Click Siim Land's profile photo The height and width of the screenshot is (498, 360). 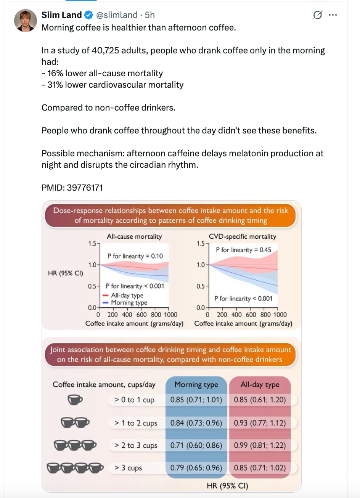coord(26,21)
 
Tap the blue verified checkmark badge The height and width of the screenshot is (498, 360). coord(89,15)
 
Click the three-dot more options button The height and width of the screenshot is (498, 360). coord(333,15)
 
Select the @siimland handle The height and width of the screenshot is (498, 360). coord(117,15)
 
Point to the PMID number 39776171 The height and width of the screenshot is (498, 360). coord(85,188)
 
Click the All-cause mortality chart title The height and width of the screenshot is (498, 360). coord(134,236)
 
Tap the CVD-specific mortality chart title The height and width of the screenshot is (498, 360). coord(243,236)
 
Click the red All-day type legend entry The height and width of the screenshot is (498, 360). coord(123,295)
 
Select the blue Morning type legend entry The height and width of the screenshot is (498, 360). coord(125,302)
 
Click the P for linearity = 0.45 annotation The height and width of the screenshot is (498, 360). coord(243,250)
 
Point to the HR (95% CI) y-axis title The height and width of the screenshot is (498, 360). coord(65,273)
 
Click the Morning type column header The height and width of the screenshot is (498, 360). coord(196,384)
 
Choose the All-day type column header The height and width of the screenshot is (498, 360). coord(260,384)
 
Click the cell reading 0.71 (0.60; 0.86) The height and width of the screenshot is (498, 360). coord(196,445)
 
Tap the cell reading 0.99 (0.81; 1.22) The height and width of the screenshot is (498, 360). coord(260,445)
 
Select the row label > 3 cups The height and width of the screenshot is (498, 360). coord(128,468)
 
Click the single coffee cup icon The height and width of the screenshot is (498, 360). coord(75,400)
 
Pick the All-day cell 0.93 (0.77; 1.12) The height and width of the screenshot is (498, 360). coord(260,422)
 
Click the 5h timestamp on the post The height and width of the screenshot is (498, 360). coord(149,15)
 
